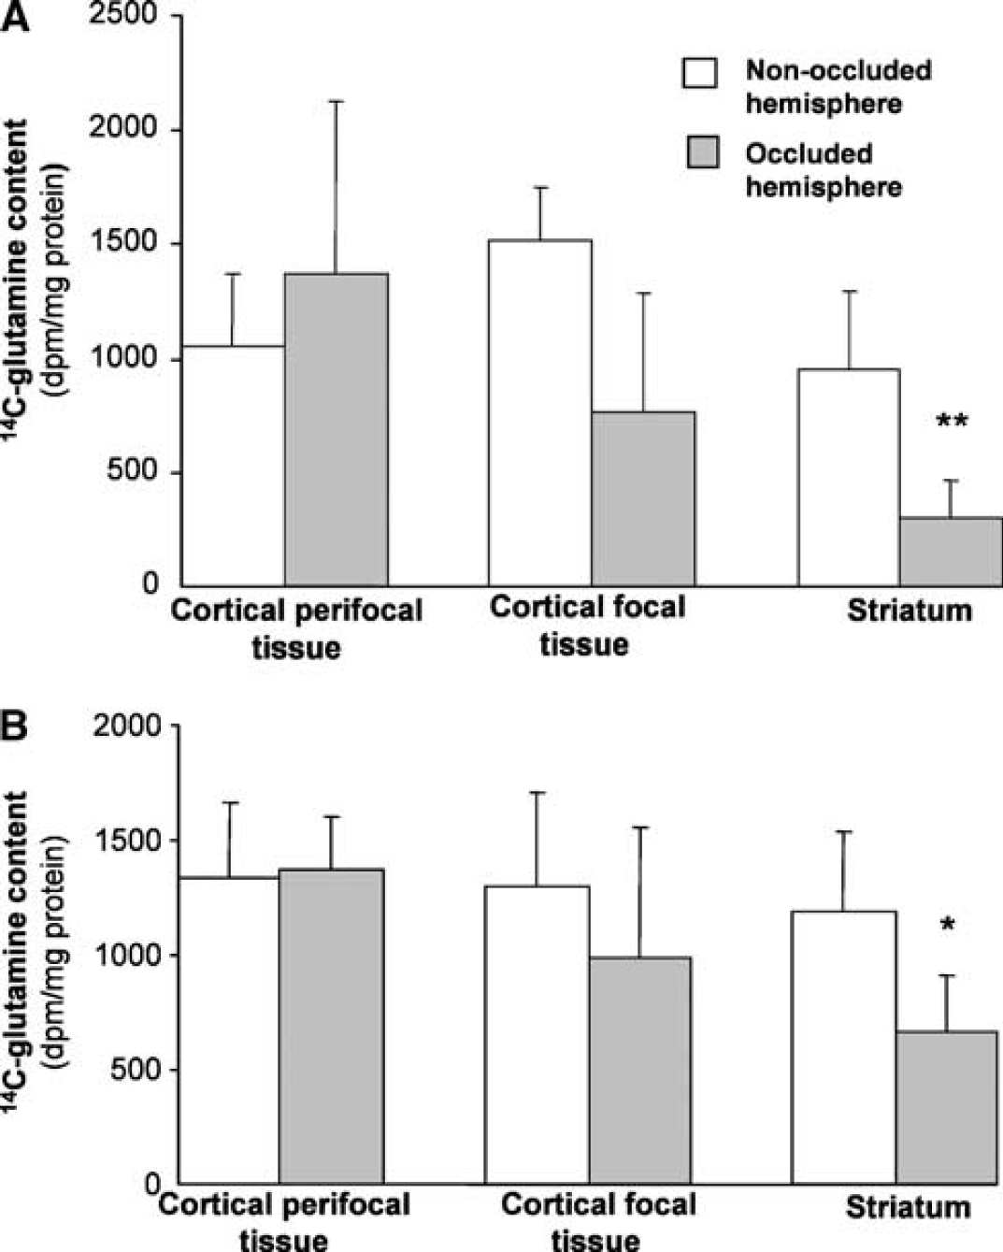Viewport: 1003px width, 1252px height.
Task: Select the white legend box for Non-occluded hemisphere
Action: (700, 72)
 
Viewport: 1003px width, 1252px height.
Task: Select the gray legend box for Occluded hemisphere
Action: (702, 152)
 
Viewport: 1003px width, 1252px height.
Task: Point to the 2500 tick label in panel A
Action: (123, 14)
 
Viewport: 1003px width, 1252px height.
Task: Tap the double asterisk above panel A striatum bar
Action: (953, 421)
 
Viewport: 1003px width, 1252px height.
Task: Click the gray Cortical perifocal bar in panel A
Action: (337, 429)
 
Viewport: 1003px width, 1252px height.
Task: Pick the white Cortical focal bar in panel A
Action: (540, 412)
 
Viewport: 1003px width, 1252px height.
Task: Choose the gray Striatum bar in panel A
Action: (951, 552)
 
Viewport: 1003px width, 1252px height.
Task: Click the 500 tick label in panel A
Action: (133, 470)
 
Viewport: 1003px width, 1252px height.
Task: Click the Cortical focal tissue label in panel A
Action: (586, 626)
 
